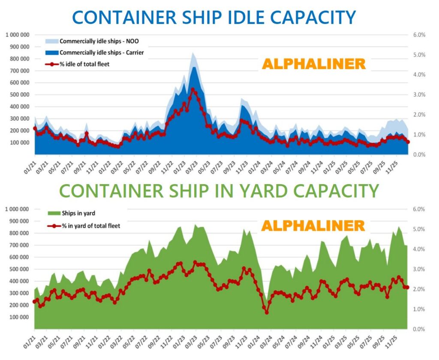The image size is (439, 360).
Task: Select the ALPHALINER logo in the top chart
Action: pyautogui.click(x=314, y=64)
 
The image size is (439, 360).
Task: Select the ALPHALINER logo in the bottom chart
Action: pyautogui.click(x=313, y=226)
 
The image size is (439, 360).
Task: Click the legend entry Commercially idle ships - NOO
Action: pyautogui.click(x=99, y=42)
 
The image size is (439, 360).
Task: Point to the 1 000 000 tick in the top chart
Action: pyautogui.click(x=18, y=35)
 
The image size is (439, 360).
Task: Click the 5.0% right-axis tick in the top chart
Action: pyautogui.click(x=418, y=55)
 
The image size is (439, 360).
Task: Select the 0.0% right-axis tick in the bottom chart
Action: pyautogui.click(x=418, y=329)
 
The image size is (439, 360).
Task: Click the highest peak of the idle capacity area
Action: pyautogui.click(x=193, y=53)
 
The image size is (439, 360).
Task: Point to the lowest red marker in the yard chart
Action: pyautogui.click(x=267, y=312)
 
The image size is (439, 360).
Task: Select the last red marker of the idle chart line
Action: pyautogui.click(x=408, y=142)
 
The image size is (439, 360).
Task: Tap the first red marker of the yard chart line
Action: pyautogui.click(x=35, y=302)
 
